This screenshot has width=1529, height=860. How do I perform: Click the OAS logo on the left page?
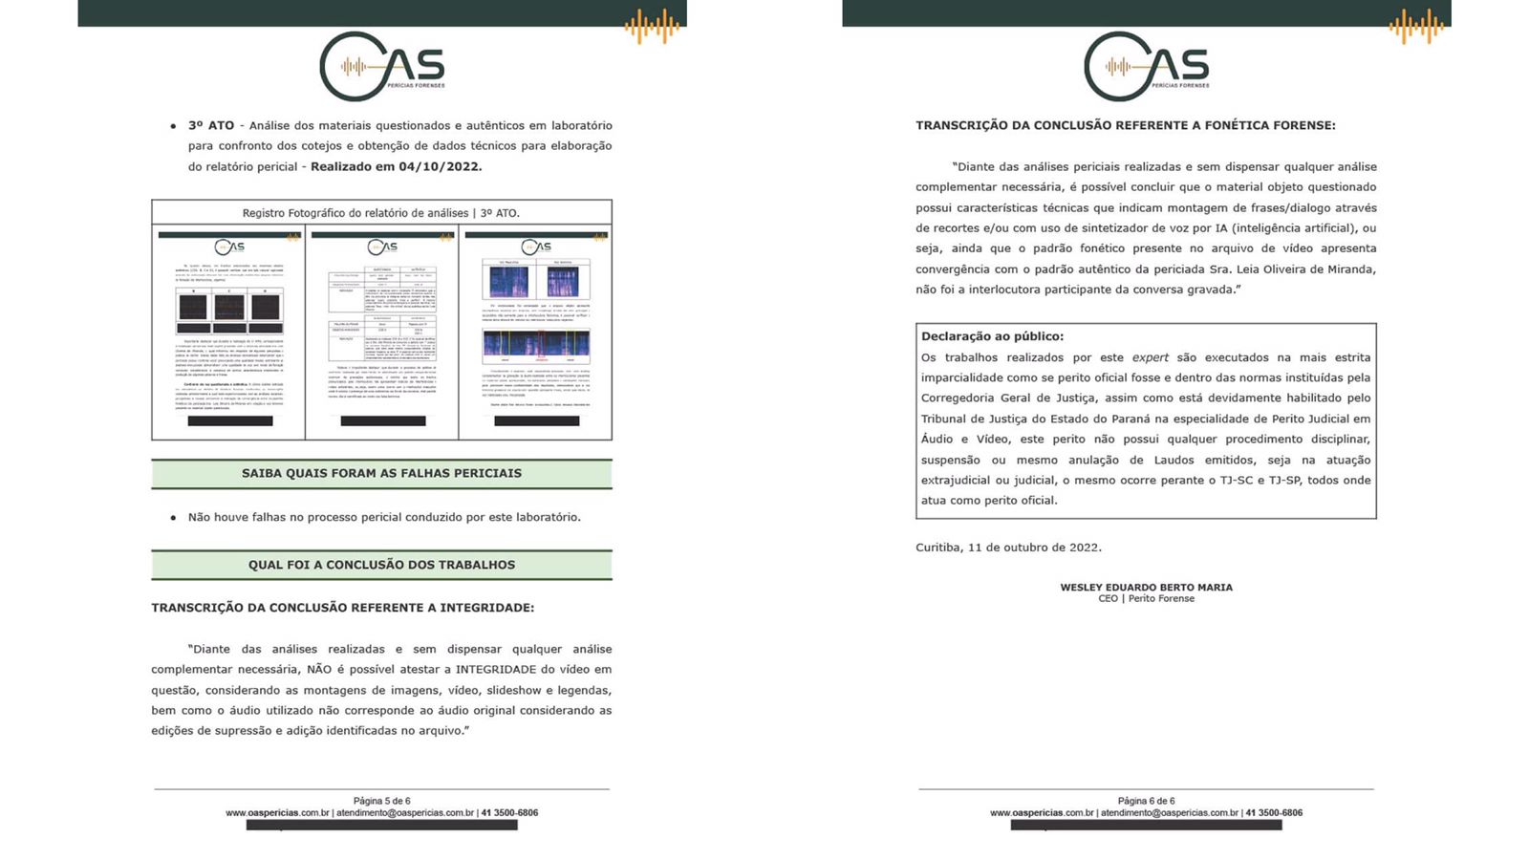tap(382, 67)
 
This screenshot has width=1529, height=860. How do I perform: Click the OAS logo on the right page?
tap(1147, 67)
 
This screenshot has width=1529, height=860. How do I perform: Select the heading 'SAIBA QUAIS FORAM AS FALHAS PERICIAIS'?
tap(381, 474)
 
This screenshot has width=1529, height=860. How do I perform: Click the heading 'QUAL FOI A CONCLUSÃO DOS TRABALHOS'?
tap(381, 565)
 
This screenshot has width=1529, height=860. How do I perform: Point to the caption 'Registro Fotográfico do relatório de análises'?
tap(381, 213)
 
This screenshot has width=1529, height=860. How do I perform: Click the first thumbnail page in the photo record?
tap(229, 333)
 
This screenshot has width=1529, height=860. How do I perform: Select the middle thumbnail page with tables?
tap(382, 333)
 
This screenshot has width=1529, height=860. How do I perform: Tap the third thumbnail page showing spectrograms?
tap(536, 333)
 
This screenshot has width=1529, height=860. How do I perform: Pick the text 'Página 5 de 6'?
tap(381, 801)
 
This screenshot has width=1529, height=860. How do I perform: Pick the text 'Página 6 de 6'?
tap(1146, 801)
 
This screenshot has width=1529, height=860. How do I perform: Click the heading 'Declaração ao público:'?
tap(992, 336)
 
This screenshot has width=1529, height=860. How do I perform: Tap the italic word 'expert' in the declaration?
tap(1150, 357)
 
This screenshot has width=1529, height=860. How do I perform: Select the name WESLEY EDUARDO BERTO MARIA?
tap(1146, 587)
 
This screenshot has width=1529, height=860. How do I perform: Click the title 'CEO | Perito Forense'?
tap(1146, 599)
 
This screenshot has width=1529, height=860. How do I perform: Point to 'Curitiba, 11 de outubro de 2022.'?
tap(1008, 548)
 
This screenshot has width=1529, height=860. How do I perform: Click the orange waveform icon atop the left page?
tap(653, 26)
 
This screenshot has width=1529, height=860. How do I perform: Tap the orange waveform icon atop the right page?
tap(1417, 26)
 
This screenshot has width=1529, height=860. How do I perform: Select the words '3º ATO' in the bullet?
tap(210, 125)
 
